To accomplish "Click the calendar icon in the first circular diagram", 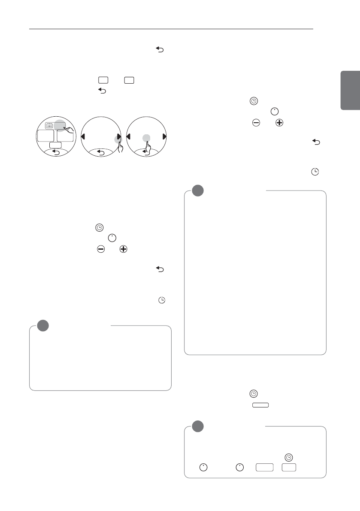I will tap(49, 126).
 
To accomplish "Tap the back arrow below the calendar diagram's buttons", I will tap(56, 152).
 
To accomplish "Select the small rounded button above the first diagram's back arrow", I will tap(56, 145).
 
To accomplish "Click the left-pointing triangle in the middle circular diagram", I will tap(84, 137).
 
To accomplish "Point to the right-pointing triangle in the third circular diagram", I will tap(164, 137).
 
